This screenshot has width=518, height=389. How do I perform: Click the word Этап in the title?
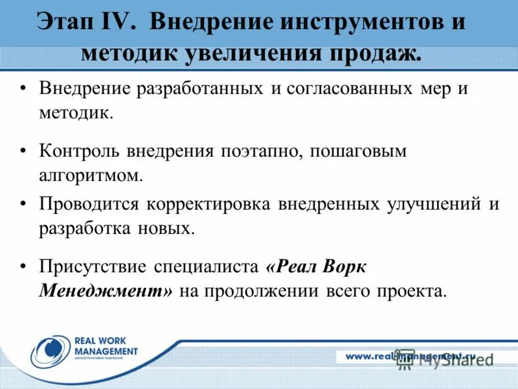[x=67, y=23]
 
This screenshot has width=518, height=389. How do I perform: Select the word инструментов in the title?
[x=356, y=23]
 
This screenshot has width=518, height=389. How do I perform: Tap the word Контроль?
[x=82, y=151]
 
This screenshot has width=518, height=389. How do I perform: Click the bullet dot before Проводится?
[x=24, y=204]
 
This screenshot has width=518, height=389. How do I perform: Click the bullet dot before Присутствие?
[x=24, y=266]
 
